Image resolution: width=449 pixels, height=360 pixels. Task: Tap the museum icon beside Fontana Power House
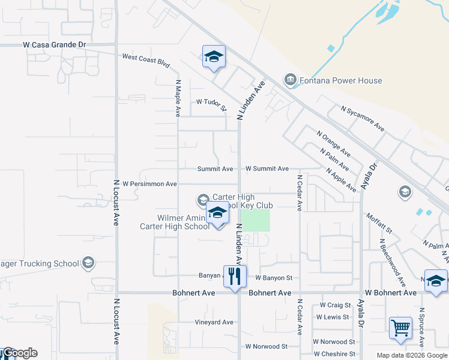(x=290, y=80)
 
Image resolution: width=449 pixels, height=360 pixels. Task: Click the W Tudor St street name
(x=211, y=106)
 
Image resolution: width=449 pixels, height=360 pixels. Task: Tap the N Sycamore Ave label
(x=362, y=118)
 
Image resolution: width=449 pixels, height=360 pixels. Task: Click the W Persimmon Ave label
(x=149, y=184)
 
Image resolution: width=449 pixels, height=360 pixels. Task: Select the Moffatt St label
(x=378, y=222)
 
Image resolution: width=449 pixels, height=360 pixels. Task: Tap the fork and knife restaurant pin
(x=235, y=277)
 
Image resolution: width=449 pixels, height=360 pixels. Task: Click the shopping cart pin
(x=400, y=328)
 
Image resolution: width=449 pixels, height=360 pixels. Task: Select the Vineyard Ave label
(x=214, y=322)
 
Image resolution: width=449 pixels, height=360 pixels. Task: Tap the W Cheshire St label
(x=334, y=354)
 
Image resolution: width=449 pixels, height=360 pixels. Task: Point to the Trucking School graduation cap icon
(x=88, y=263)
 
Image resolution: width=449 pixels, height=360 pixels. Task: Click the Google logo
(x=19, y=353)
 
